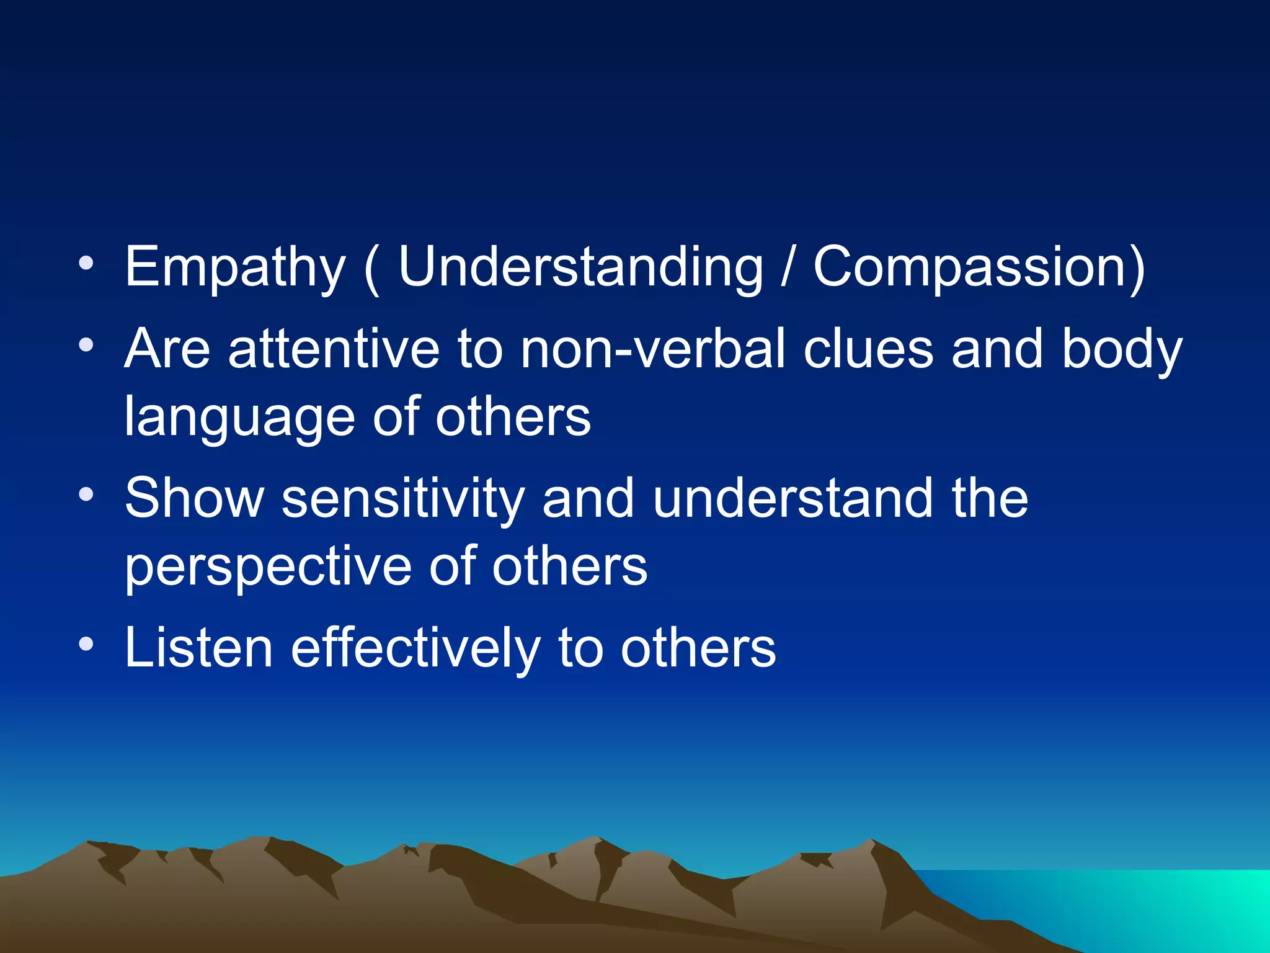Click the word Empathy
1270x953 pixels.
(x=234, y=268)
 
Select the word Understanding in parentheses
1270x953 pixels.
(x=580, y=268)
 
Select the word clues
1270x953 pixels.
(x=868, y=349)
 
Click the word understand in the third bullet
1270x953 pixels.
(x=793, y=498)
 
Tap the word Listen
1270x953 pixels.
(x=198, y=648)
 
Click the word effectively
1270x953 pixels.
(x=415, y=648)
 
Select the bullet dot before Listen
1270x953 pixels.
(x=86, y=645)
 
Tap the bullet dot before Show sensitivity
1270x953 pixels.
(x=86, y=495)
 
